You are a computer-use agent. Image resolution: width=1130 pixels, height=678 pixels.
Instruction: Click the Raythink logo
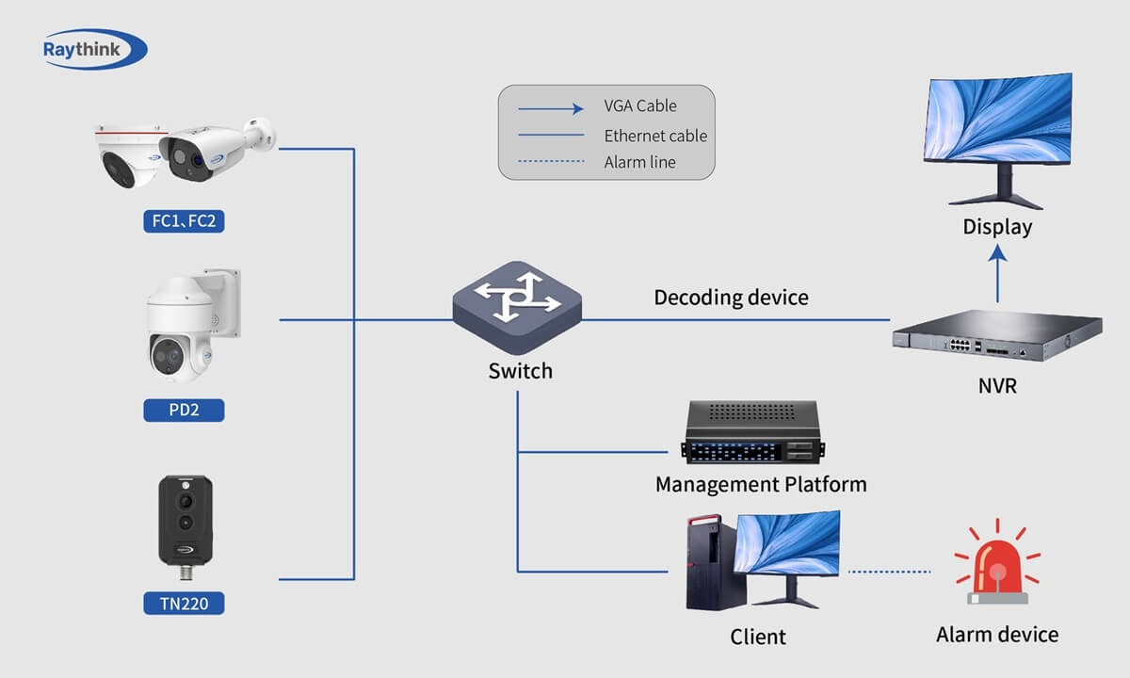click(x=94, y=49)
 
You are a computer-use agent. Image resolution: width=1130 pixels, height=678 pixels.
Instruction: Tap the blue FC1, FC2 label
click(x=185, y=221)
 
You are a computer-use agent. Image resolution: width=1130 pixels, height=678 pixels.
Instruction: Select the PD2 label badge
click(x=184, y=411)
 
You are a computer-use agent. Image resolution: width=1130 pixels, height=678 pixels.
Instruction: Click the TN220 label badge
click(x=184, y=603)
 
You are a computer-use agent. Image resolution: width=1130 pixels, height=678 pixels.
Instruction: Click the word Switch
click(x=520, y=371)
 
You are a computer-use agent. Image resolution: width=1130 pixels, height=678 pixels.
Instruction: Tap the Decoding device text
click(x=731, y=298)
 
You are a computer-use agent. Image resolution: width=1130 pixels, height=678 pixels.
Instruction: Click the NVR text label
click(x=997, y=385)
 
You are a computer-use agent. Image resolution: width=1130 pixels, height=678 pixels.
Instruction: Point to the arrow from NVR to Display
click(x=998, y=273)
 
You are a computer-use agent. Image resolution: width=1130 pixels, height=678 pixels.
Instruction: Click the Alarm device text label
click(x=997, y=635)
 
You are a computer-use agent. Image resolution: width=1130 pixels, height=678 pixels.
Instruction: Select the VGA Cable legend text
click(x=640, y=105)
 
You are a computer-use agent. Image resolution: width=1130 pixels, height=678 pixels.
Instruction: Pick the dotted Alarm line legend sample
click(x=551, y=162)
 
